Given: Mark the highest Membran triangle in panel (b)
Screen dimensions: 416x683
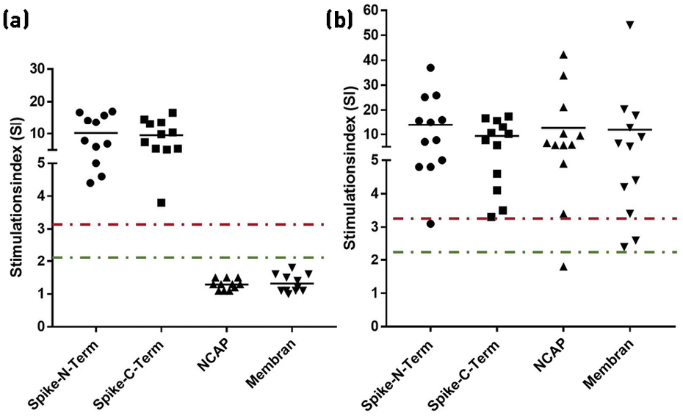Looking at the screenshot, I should [x=630, y=25].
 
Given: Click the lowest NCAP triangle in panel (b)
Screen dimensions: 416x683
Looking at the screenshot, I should [x=563, y=266].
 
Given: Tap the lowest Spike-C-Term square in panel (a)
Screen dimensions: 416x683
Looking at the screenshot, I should [x=162, y=202].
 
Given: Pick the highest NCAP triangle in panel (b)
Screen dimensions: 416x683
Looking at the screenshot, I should [x=563, y=55].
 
